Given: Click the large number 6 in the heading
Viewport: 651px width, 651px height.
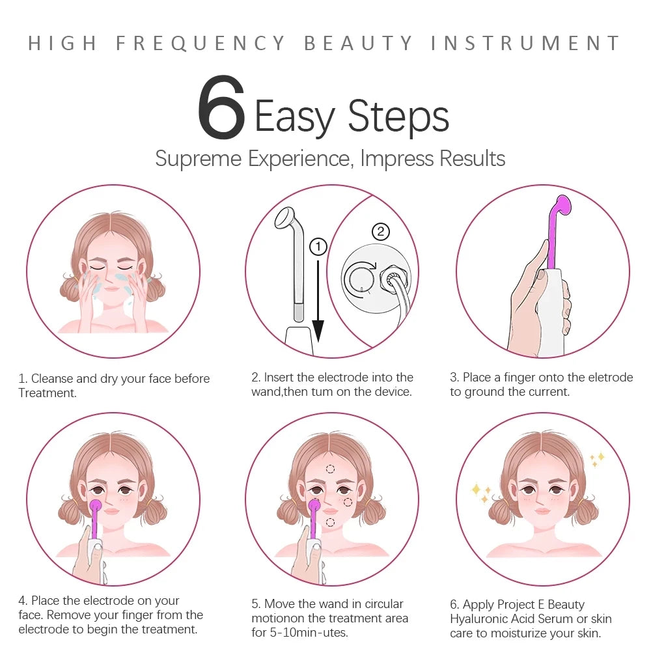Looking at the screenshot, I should pos(221,109).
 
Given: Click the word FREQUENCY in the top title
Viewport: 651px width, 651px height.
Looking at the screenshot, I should pos(201,44).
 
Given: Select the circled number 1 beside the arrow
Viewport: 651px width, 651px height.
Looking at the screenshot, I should pos(318,247).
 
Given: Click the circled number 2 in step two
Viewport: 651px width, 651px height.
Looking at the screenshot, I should pos(381,231).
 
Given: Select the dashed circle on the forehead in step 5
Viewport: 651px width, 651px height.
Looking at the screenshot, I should pos(330,469).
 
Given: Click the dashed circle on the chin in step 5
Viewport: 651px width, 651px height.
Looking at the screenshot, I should pos(330,521).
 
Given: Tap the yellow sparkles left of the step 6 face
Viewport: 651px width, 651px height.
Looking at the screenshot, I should pos(482,493).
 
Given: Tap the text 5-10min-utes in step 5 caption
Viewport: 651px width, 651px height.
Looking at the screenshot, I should pos(306,632).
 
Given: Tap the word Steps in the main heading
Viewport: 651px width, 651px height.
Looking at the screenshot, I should pos(398,117).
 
